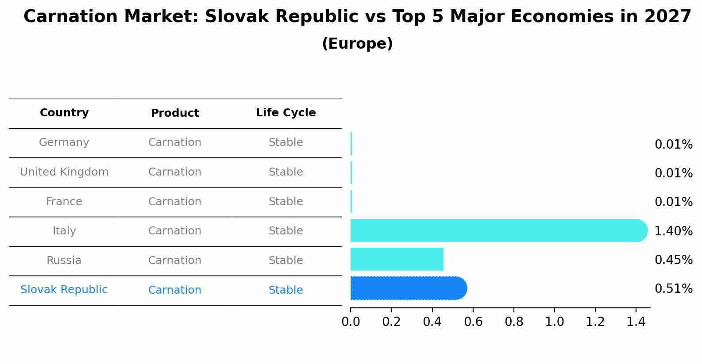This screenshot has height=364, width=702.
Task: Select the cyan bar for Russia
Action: point(397,259)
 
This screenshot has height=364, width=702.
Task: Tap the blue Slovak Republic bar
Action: point(408,288)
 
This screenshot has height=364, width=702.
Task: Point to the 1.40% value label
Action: point(673,231)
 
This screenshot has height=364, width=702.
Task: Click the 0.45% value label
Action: point(673,260)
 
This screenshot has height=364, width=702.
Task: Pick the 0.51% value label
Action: point(673,289)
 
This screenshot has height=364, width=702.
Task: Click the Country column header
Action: point(64,113)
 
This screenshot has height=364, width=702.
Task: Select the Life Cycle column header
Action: point(285,113)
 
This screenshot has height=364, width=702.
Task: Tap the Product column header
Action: point(175,113)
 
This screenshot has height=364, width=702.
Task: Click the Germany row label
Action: point(64,142)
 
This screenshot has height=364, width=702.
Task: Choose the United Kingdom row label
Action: point(64,172)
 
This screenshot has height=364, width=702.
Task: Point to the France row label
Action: point(64,202)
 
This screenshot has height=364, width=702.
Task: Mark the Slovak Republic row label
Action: point(64,290)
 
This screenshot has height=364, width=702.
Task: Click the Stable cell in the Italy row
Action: point(285,231)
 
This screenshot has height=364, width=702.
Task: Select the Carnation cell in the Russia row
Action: point(175,261)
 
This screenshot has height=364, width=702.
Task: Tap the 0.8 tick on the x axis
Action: point(514,322)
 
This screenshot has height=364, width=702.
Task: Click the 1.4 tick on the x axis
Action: point(636,322)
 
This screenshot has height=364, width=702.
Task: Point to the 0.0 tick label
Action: point(351,322)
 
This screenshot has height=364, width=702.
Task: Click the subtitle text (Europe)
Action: point(357,44)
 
